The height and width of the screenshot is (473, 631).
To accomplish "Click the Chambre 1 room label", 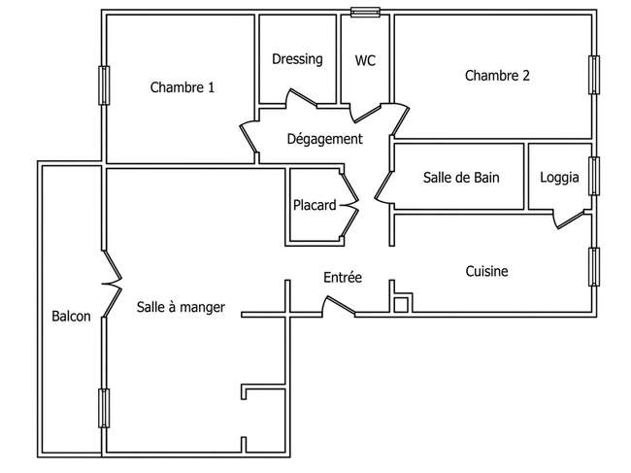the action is click(x=183, y=87).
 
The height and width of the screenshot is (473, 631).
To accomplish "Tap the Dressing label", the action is click(x=297, y=59).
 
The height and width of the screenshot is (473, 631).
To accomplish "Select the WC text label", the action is click(x=365, y=60).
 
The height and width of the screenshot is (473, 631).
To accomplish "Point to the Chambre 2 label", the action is click(x=497, y=76).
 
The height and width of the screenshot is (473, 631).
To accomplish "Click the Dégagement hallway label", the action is click(x=325, y=139).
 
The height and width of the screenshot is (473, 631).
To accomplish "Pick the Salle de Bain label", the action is click(x=461, y=177).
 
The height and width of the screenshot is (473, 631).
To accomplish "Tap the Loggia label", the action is click(x=559, y=178).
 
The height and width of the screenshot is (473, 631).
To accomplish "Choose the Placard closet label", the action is click(x=315, y=205).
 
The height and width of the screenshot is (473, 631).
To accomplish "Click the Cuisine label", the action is click(x=486, y=271).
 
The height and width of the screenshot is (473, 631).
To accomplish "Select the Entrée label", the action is click(x=343, y=277).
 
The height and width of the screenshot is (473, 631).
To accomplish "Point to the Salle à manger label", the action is click(x=181, y=307).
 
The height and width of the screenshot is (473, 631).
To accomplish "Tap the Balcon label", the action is click(x=71, y=316).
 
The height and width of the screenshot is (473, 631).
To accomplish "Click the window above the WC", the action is click(x=365, y=13).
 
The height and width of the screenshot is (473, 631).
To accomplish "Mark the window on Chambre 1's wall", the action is click(x=104, y=85).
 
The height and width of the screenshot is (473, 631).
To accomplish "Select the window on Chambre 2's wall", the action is click(x=594, y=75).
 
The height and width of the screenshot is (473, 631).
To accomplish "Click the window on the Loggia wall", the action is click(x=594, y=176).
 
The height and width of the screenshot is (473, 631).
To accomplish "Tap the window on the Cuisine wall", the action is click(x=594, y=267).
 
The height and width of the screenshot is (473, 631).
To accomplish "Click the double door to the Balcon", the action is click(x=112, y=284).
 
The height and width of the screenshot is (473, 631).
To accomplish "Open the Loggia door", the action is click(x=568, y=220).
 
